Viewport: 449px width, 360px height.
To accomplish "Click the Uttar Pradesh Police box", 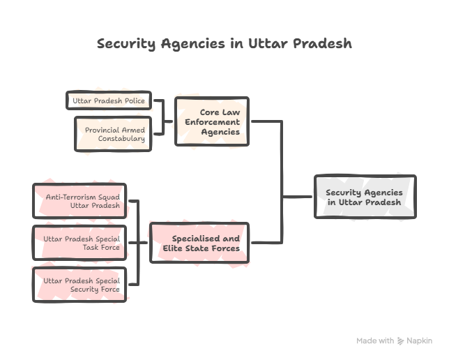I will click(x=108, y=101).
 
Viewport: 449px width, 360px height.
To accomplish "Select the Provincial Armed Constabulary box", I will click(x=112, y=134).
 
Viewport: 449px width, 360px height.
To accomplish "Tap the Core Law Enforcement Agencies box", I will click(x=211, y=121).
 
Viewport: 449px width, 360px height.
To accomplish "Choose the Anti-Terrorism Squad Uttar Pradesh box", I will click(x=79, y=202).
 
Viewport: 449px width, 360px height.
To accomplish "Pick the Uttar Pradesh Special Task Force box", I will click(x=79, y=243).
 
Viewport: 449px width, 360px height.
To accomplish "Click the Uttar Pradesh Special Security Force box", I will click(x=79, y=284).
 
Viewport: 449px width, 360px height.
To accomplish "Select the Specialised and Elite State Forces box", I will click(x=199, y=243).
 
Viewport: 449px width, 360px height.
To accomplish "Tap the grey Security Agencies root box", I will click(x=365, y=197).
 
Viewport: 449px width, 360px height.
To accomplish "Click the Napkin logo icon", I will click(x=401, y=341).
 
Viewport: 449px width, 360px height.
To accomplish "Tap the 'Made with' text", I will click(x=375, y=341).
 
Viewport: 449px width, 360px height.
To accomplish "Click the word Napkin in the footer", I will click(x=420, y=341).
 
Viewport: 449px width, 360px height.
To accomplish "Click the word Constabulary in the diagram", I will click(x=121, y=139).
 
